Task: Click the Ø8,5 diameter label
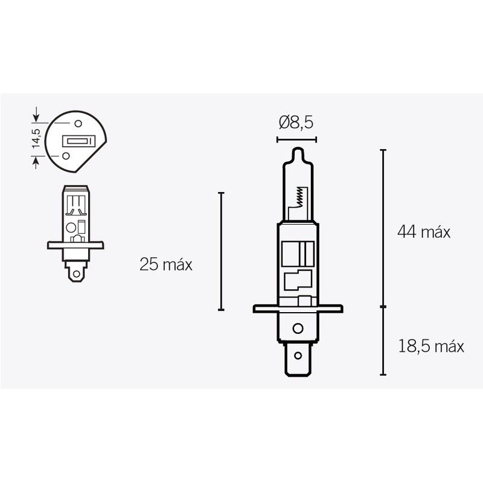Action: (x=296, y=123)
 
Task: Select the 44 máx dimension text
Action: (x=423, y=232)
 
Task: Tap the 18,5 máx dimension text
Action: (x=430, y=346)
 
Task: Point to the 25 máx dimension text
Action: (x=165, y=264)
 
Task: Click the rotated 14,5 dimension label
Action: (x=36, y=138)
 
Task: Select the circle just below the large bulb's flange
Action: (x=296, y=328)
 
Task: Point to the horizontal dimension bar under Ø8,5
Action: (x=296, y=140)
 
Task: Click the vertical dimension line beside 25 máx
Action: (x=222, y=251)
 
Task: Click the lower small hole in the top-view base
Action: (x=65, y=155)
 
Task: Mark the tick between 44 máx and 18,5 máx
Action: (x=383, y=307)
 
